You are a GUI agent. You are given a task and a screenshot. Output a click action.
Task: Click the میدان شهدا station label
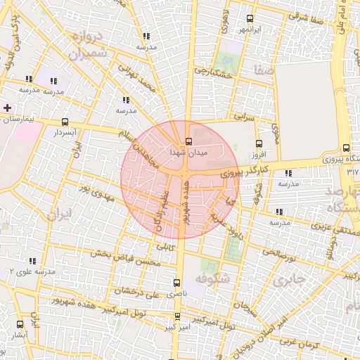point(186,151)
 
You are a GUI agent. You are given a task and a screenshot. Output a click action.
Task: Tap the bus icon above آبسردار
point(65,122)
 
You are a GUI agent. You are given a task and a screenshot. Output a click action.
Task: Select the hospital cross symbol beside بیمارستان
point(7,108)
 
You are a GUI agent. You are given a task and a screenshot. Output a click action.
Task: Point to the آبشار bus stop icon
point(19,325)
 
